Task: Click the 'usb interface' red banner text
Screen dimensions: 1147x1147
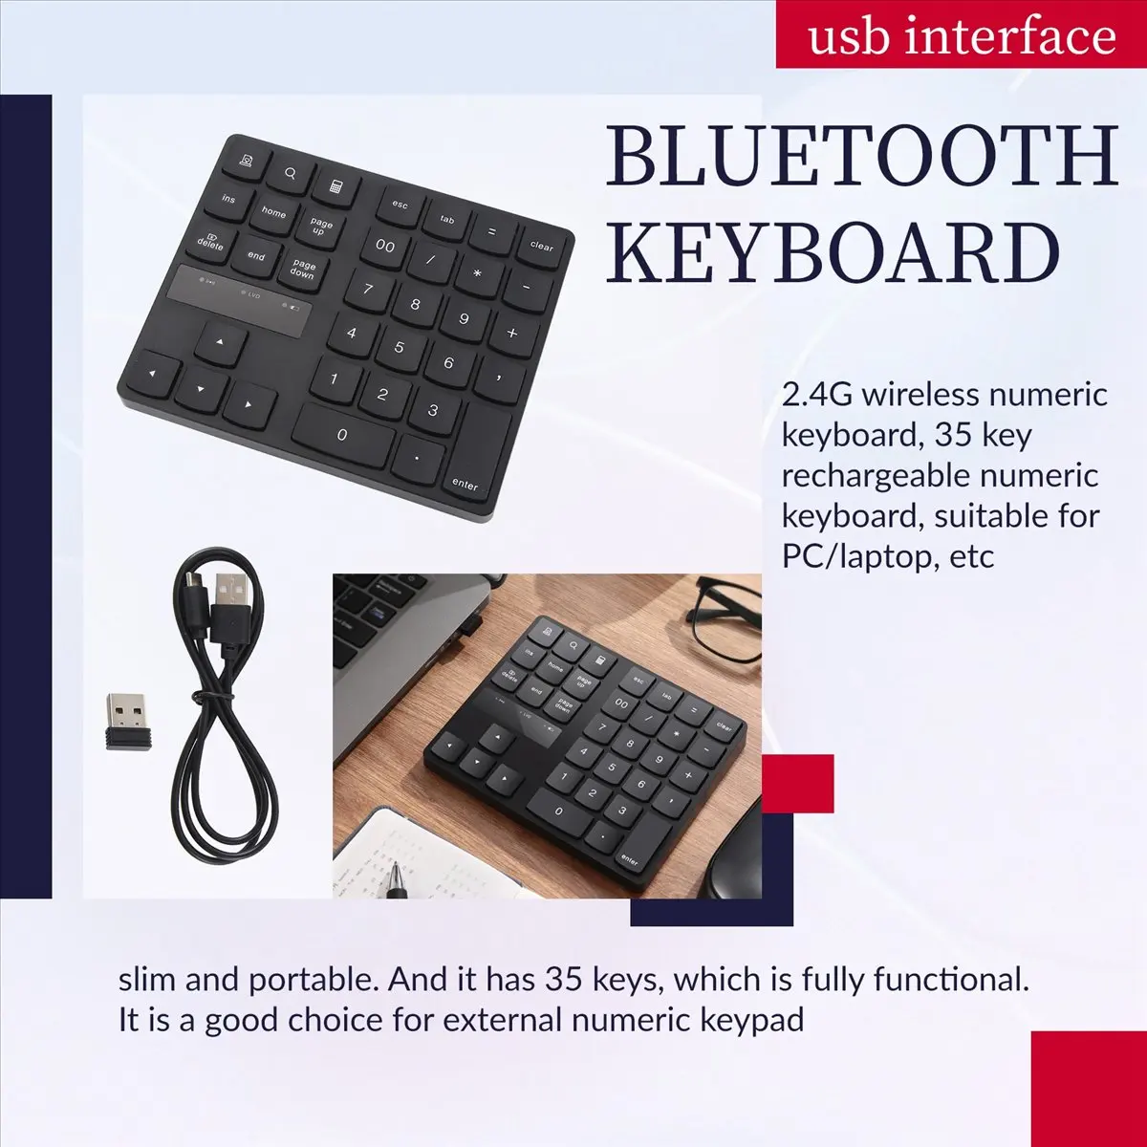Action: (962, 35)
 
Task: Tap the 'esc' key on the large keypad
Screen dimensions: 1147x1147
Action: (400, 206)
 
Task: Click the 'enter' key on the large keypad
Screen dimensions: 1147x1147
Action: (481, 451)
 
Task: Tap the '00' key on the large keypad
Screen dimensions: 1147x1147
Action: (385, 247)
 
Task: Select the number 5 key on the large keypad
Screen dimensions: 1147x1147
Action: (400, 347)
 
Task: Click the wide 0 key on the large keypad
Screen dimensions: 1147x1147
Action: (342, 436)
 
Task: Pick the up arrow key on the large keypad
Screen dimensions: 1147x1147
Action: (220, 343)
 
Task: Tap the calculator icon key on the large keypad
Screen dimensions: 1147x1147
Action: (336, 187)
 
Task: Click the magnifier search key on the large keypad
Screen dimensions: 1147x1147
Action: (291, 174)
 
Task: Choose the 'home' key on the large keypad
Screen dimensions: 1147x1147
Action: (273, 212)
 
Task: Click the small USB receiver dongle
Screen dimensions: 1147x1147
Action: (128, 722)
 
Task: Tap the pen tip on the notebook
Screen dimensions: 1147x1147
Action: (394, 870)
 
